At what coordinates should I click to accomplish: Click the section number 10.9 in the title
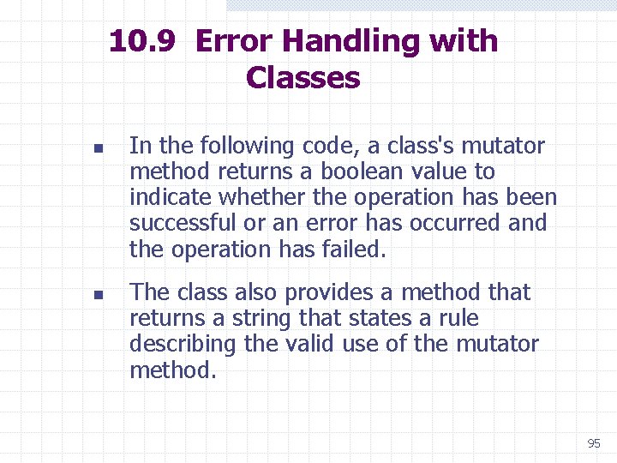[x=143, y=41]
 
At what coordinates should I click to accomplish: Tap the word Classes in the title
[x=303, y=78]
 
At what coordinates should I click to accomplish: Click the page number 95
[x=594, y=443]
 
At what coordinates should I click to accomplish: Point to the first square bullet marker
[x=99, y=148]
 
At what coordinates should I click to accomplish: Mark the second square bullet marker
[x=99, y=295]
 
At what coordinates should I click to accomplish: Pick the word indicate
[x=171, y=198]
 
